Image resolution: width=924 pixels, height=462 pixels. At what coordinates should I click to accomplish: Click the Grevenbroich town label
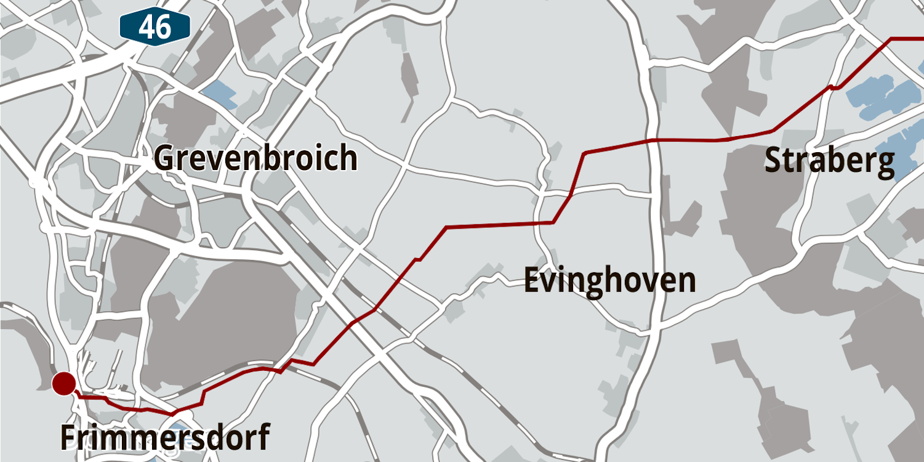point(255,158)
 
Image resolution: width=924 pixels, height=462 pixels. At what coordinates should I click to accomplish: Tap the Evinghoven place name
point(609,280)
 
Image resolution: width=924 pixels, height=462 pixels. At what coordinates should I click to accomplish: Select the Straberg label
point(829,161)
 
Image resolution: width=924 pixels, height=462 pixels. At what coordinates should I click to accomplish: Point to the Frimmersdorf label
point(164,437)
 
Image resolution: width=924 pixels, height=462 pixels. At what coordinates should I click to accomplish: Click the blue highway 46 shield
point(155,27)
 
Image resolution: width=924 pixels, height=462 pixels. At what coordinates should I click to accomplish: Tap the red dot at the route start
point(63,384)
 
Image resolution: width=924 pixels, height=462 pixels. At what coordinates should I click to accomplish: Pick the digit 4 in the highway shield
point(147,27)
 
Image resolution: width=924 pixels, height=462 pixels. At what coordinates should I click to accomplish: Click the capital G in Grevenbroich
point(164,158)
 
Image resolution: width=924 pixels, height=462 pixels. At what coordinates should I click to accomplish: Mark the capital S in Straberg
point(774,161)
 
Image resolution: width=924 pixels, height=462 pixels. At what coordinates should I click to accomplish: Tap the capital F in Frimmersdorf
point(67,437)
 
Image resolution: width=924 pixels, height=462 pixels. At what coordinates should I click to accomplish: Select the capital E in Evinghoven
point(531,280)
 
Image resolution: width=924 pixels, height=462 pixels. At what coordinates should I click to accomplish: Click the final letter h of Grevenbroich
point(349,158)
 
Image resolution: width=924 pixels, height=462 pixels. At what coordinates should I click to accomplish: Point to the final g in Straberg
point(885,163)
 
